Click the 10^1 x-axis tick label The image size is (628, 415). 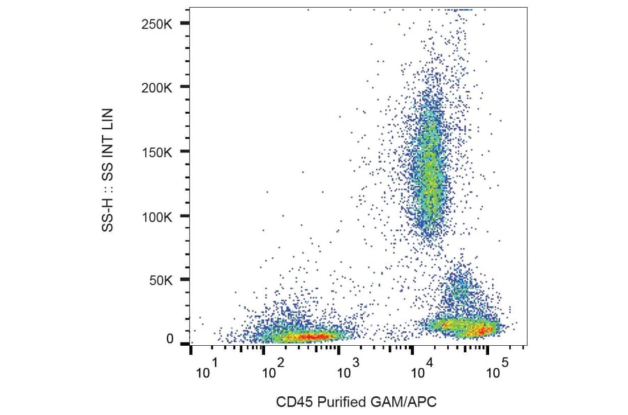pos(207,370)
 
